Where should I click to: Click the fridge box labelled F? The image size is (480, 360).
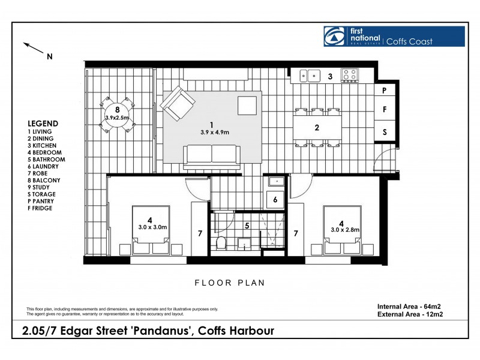tap(384, 110)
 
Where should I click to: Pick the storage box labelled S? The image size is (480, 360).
tap(384, 131)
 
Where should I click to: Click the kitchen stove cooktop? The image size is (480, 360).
tap(349, 76)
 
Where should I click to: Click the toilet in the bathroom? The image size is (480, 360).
tap(221, 242)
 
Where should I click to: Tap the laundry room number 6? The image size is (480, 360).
tap(275, 200)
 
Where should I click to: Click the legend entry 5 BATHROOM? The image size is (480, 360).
tap(46, 160)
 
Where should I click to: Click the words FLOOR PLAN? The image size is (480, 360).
tap(230, 283)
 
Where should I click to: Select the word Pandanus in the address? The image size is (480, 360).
tap(163, 331)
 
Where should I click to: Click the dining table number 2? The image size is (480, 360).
tap(317, 128)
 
